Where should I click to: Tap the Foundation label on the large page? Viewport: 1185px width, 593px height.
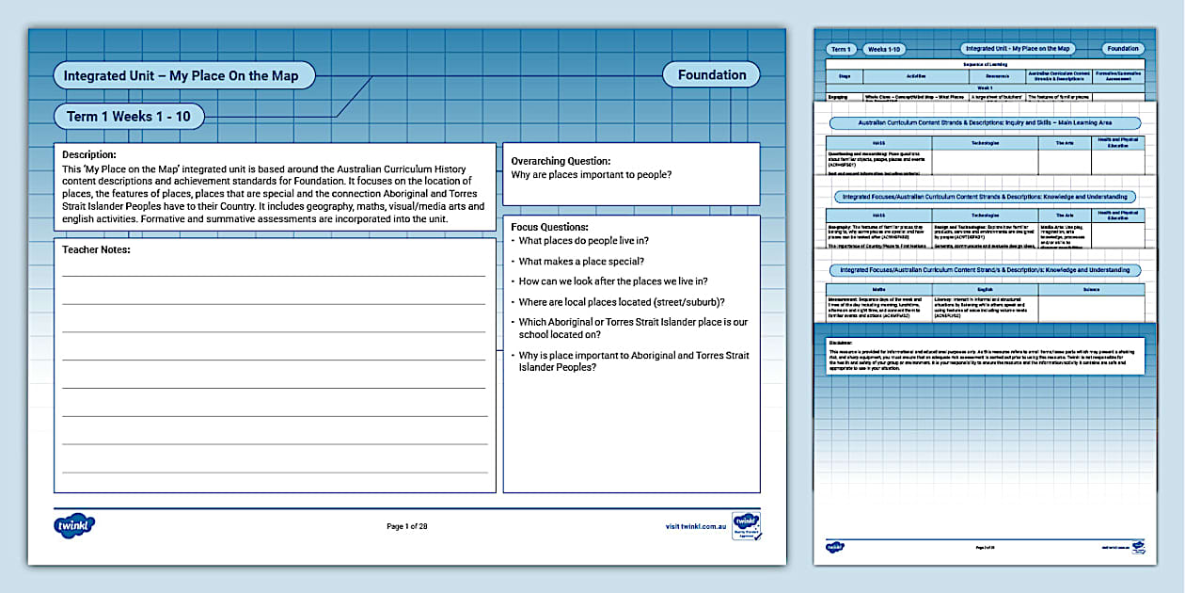712,75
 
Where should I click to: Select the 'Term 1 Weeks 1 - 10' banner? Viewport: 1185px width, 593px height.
129,117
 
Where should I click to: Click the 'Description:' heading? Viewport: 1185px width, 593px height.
89,154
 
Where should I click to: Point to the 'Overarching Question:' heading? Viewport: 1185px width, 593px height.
561,161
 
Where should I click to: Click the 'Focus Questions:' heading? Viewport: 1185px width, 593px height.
549,227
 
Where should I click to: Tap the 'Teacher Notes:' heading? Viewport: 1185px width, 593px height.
96,249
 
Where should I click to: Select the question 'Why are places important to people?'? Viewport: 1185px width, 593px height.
592,175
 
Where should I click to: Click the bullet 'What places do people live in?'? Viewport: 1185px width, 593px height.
583,241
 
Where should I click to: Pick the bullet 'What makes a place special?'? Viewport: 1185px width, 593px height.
580,262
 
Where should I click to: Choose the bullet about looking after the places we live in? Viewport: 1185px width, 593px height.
612,281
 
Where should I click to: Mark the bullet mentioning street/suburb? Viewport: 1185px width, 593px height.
621,302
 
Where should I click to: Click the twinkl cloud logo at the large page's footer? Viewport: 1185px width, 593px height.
74,526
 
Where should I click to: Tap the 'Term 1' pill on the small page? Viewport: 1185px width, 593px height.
841,49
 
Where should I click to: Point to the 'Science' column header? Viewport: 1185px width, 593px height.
1091,290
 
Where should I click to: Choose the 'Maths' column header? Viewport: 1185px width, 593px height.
878,290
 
